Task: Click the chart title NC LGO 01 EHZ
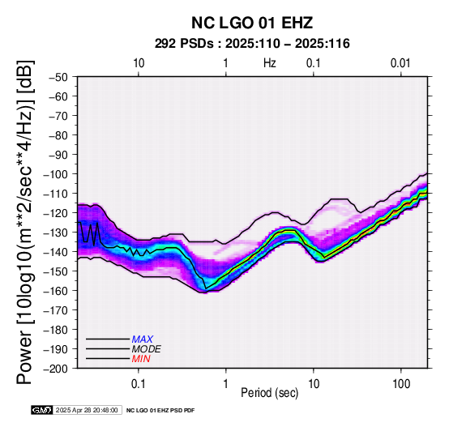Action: click(252, 23)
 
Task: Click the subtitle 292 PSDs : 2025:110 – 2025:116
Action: click(252, 44)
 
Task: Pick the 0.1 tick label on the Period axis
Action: click(139, 384)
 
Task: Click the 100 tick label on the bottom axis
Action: click(401, 384)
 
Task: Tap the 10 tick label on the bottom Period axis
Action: click(314, 384)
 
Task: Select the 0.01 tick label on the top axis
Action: click(400, 63)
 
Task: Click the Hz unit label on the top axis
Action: click(269, 63)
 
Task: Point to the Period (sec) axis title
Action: click(269, 393)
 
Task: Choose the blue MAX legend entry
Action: click(143, 339)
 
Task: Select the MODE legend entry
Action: click(147, 349)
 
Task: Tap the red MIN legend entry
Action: click(141, 359)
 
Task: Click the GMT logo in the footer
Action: click(42, 410)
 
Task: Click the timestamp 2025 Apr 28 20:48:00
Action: click(87, 410)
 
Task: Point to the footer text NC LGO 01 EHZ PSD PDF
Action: click(160, 411)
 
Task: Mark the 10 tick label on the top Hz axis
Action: click(139, 63)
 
